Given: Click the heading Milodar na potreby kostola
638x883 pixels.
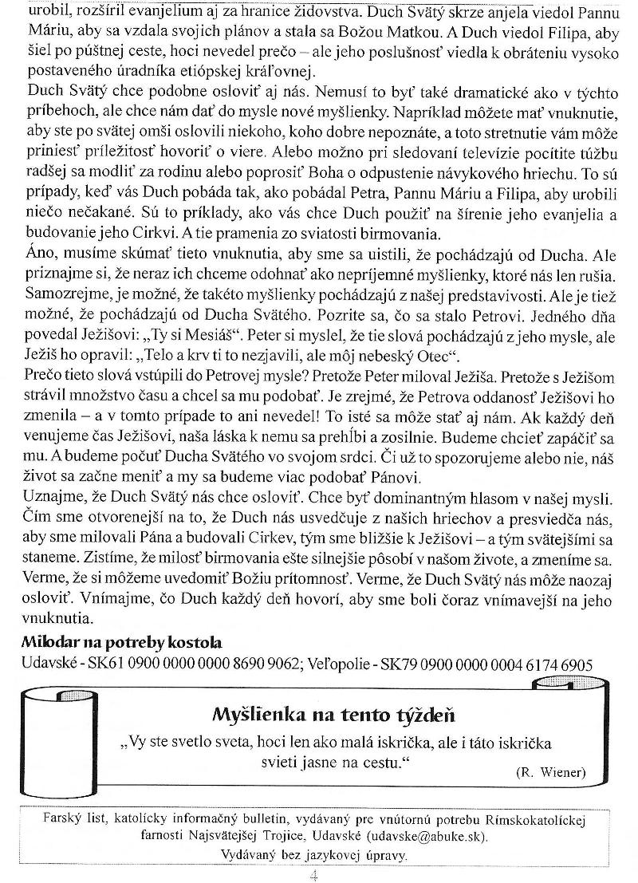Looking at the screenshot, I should coord(121,643).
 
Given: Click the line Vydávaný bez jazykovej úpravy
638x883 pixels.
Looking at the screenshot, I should coord(315,853).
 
